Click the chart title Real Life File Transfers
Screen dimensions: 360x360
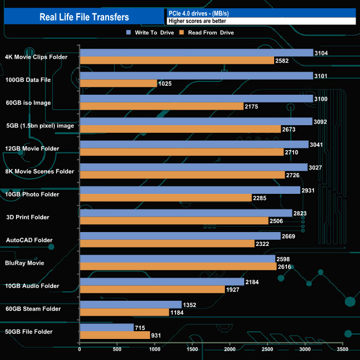tap(84, 17)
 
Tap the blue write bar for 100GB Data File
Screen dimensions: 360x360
tap(197, 76)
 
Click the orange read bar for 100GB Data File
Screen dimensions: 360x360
tap(119, 84)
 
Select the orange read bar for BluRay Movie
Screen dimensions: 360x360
tap(178, 266)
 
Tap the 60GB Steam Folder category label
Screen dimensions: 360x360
tap(36, 308)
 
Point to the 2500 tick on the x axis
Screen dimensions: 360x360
tap(268, 349)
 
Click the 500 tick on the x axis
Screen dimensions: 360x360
tap(117, 349)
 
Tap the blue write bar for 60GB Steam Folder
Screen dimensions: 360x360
tap(131, 305)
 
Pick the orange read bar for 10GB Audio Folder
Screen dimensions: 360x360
tap(152, 289)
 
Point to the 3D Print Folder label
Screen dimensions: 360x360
tap(28, 217)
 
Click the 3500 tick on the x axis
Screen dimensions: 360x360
tap(343, 349)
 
